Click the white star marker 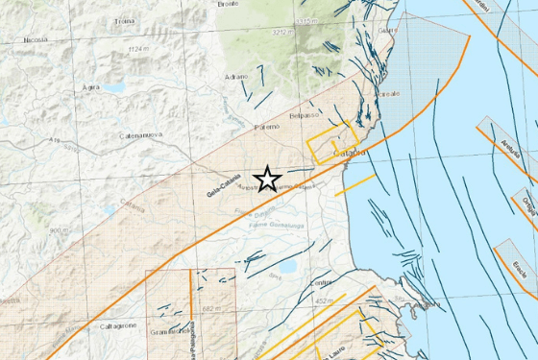(268, 179)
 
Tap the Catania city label (349, 154)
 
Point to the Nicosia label (36, 41)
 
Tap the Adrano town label (234, 76)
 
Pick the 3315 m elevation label (306, 20)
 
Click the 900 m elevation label (59, 230)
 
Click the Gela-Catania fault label (223, 184)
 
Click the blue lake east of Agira (114, 87)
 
